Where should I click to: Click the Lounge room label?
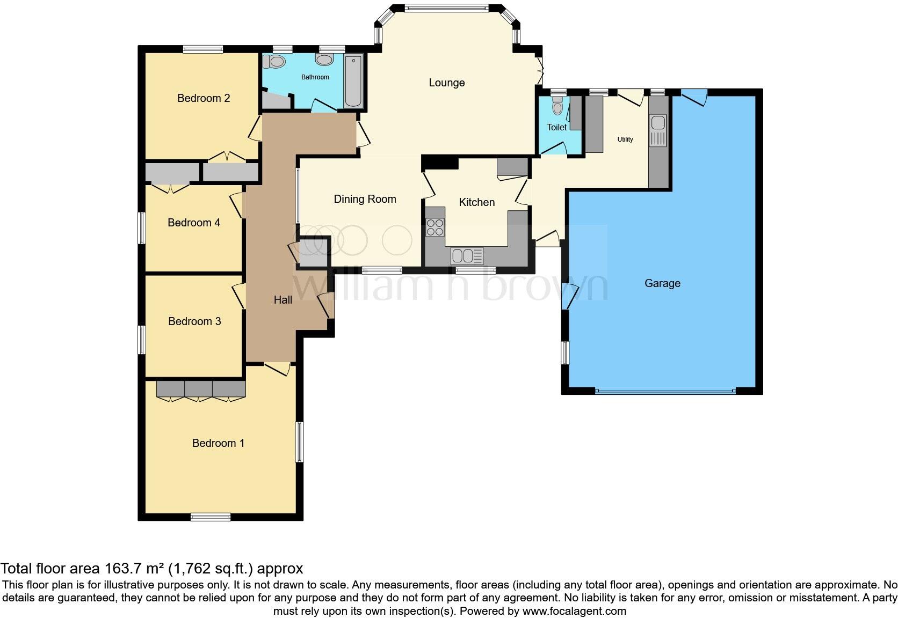click(446, 83)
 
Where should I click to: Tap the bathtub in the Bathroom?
click(353, 80)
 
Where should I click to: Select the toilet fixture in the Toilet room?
click(558, 107)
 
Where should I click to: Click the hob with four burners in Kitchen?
click(435, 227)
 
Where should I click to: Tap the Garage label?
click(662, 283)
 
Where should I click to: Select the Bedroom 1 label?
click(218, 443)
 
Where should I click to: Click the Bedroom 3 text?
click(194, 321)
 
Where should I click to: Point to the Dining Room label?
click(365, 199)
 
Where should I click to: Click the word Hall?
click(283, 300)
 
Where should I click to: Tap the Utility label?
click(625, 139)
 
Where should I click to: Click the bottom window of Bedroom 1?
click(211, 517)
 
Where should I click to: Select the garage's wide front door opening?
click(665, 392)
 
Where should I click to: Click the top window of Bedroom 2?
click(202, 49)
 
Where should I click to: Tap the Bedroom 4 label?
click(194, 223)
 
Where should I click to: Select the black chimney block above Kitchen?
click(440, 161)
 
